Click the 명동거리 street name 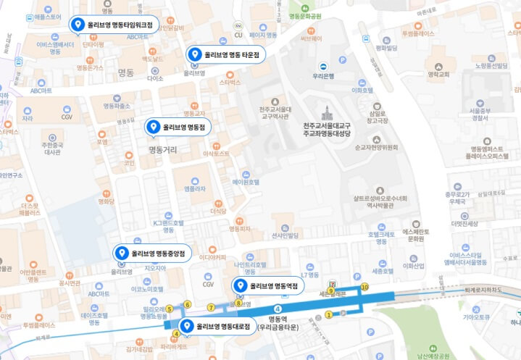click(162, 150)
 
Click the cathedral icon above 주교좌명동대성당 click(328, 113)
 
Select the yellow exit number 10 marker click(364, 288)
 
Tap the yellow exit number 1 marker click(328, 314)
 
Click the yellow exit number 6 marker click(187, 304)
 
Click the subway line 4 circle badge click(277, 310)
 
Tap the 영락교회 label click(439, 74)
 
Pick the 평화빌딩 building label click(386, 48)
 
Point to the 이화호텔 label click(362, 91)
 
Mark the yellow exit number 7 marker click(212, 308)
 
